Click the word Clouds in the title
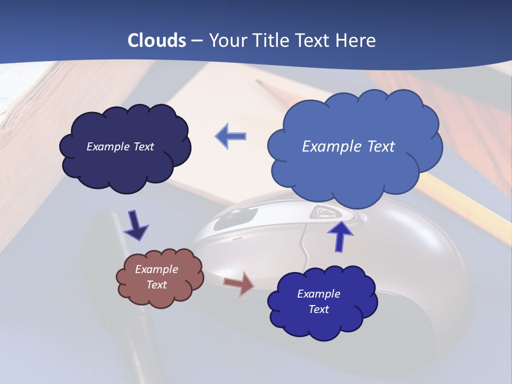pos(156,41)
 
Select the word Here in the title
pos(356,41)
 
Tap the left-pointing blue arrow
pos(230,137)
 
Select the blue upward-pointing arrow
pos(340,236)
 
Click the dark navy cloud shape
pos(126,165)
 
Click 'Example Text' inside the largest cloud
pos(348,147)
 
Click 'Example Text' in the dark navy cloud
pos(120,147)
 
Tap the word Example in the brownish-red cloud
pos(156,269)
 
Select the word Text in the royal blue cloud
pos(318,309)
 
